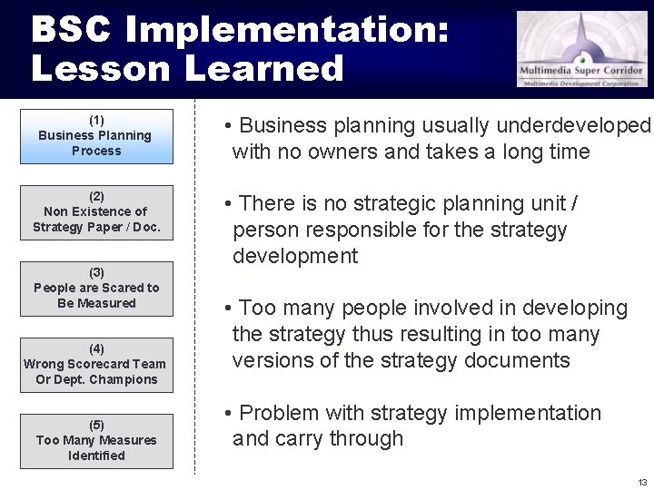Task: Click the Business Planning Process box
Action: point(96,136)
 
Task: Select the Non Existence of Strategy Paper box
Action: point(96,212)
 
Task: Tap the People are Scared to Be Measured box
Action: point(96,289)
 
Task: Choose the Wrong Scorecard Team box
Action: point(96,365)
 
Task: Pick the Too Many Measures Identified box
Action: point(96,441)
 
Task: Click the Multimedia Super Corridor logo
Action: point(582,49)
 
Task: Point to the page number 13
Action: point(642,482)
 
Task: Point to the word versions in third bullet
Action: point(272,360)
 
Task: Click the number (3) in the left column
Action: point(96,272)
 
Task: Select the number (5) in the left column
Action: point(96,425)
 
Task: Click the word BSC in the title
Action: point(72,30)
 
